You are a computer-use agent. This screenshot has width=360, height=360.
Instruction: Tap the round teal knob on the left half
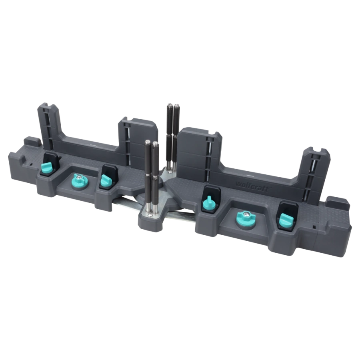pos(80,180)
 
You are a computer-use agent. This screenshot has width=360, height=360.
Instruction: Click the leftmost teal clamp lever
pos(47,168)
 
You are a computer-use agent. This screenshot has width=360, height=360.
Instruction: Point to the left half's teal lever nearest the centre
pos(106,180)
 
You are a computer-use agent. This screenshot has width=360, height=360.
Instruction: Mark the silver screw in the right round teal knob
pos(246,214)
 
